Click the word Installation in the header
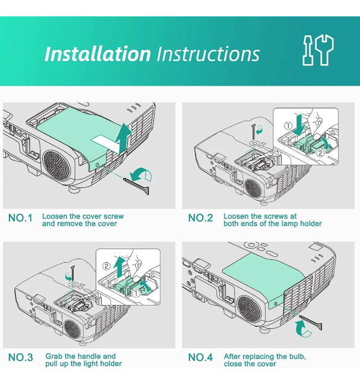coord(97,54)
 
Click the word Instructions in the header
coord(208,54)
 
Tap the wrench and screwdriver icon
coord(318,51)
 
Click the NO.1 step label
coord(20,218)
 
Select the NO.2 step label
coord(200,218)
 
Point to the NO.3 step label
coord(20,358)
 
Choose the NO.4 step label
coord(200,358)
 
